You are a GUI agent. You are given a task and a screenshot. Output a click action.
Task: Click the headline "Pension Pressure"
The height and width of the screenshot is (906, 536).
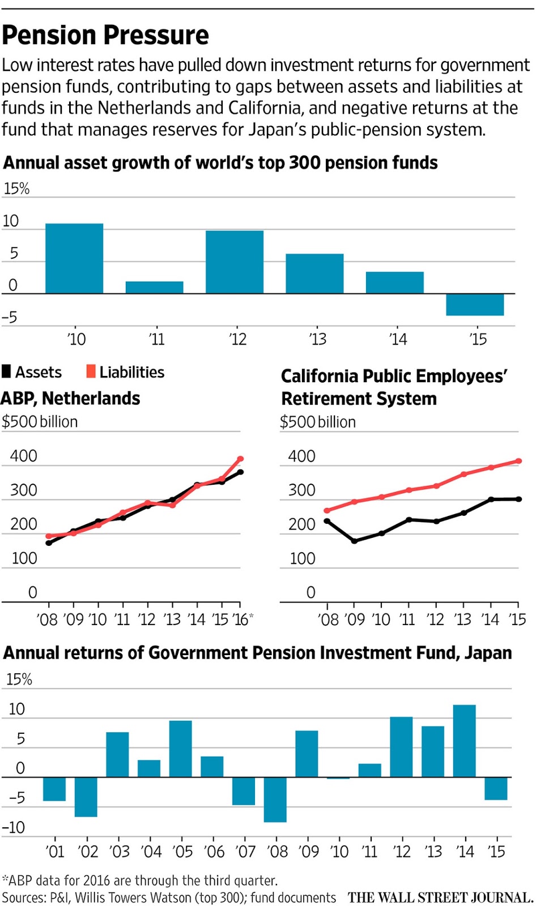[x=105, y=35]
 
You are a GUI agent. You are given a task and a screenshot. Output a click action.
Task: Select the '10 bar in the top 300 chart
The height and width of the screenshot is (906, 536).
[x=74, y=258]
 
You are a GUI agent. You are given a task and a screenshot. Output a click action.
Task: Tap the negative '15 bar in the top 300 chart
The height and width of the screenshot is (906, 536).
[x=474, y=305]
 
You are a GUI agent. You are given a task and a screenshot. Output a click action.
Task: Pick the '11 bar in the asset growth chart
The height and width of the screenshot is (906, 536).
[x=154, y=287]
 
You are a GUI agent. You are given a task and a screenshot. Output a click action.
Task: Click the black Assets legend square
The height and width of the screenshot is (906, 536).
[x=7, y=371]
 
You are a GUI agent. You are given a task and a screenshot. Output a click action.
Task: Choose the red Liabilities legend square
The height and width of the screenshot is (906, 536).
[x=91, y=371]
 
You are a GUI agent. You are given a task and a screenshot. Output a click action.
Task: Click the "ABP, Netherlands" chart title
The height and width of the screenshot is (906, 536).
[x=70, y=399]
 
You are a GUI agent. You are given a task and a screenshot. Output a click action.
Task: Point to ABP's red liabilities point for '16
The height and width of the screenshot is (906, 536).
[x=240, y=459]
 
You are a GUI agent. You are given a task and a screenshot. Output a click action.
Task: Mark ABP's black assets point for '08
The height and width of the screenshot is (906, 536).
[x=49, y=542]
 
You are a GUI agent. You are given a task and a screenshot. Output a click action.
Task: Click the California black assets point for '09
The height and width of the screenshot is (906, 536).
[x=354, y=541]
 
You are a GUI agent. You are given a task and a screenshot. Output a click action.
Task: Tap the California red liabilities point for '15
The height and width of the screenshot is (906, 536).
[x=518, y=461]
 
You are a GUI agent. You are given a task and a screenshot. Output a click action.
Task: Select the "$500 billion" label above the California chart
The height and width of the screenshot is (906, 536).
[x=318, y=422]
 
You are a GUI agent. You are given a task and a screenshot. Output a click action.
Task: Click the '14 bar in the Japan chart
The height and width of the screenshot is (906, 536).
[x=464, y=741]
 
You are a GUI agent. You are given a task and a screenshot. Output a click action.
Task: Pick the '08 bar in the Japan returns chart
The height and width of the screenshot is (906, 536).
[x=275, y=799]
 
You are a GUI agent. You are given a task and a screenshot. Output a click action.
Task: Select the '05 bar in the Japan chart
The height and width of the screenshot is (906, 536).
[x=180, y=749]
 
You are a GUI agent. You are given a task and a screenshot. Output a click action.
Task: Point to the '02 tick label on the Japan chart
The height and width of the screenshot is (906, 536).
[x=88, y=852]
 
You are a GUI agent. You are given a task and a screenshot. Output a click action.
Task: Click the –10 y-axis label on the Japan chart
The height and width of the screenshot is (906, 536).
[x=14, y=827]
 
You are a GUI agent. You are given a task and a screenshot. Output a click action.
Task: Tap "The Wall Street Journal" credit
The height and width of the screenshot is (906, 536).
[x=440, y=898]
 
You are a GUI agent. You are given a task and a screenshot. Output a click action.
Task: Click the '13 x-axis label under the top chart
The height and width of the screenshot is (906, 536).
[x=318, y=339]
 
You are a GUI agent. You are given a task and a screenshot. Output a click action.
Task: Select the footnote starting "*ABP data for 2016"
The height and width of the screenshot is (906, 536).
[x=140, y=881]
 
